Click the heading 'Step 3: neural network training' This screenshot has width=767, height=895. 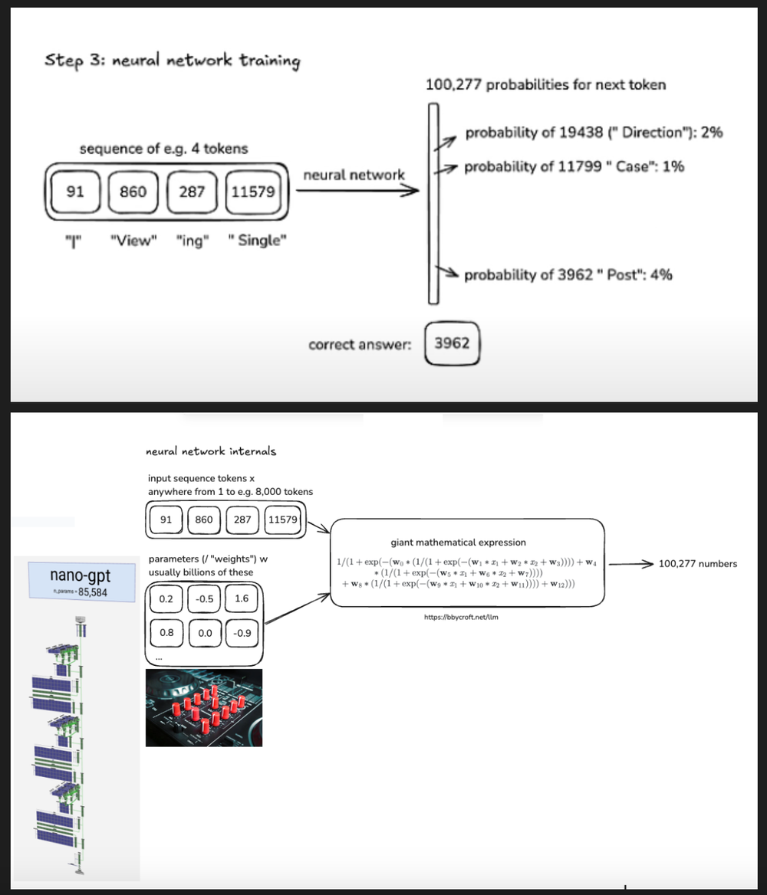point(172,61)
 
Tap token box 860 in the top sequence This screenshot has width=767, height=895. point(133,192)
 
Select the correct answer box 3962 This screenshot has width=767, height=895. point(451,343)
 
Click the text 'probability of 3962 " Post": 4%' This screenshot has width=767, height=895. point(568,274)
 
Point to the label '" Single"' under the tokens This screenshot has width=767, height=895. point(258,241)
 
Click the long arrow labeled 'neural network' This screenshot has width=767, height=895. point(357,192)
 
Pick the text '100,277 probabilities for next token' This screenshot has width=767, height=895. point(545,84)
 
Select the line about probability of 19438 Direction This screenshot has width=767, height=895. point(594,133)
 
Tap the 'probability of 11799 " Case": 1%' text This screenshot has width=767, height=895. point(574,166)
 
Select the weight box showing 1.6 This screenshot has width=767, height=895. point(242,598)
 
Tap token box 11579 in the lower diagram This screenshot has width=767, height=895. point(282,520)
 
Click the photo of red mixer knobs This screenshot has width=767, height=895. point(204,707)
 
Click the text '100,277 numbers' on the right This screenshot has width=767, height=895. point(698,564)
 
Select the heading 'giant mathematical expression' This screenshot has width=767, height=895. point(458,542)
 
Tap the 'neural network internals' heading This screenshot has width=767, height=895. point(211,451)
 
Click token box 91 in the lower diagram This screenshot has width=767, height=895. point(166,520)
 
